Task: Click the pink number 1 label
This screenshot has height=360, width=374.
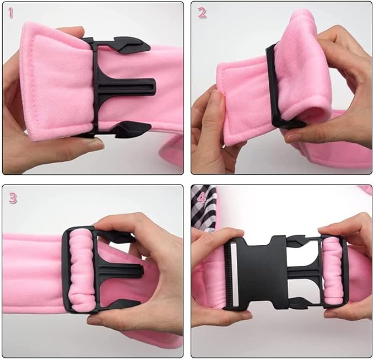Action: (x=10, y=13)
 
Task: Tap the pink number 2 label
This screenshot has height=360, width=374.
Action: (x=202, y=13)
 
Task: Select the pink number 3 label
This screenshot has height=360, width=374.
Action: (x=13, y=198)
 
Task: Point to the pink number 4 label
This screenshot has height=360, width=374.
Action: (x=202, y=198)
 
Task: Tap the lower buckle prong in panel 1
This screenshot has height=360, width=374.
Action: (x=131, y=129)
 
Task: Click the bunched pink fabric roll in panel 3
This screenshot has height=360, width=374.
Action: (x=81, y=270)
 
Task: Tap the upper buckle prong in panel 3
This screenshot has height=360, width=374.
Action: (x=117, y=237)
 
